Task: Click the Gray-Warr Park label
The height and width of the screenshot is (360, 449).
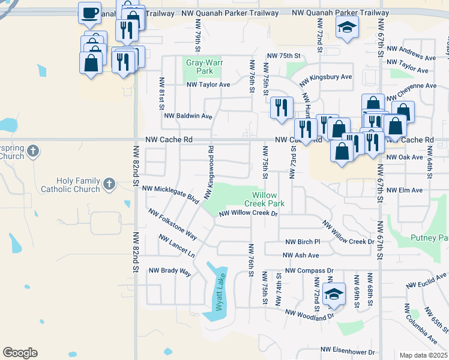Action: click(200, 67)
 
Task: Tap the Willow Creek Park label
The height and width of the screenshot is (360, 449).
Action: click(268, 199)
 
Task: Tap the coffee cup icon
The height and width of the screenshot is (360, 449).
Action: click(90, 13)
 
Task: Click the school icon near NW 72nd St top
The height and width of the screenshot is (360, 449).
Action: click(346, 27)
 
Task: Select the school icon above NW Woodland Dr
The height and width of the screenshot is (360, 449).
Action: click(334, 294)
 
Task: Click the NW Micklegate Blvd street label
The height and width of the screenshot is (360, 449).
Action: click(168, 193)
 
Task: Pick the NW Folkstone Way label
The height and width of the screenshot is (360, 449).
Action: click(173, 224)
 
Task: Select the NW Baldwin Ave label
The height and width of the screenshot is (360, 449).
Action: click(188, 116)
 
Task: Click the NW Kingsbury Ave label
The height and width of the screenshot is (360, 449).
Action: click(326, 77)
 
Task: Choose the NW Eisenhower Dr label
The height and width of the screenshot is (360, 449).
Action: click(348, 350)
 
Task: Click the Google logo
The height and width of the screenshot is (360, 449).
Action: click(20, 353)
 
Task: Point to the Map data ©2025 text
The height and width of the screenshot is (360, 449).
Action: click(424, 355)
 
